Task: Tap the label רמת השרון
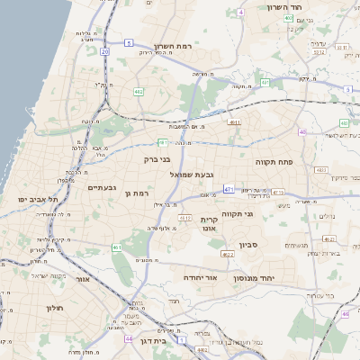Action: [174, 45]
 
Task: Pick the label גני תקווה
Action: [261, 214]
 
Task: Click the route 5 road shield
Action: [129, 42]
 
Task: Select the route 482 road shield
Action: [139, 92]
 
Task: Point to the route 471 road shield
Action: [229, 190]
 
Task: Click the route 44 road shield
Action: [129, 338]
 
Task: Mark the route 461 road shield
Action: [116, 247]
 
